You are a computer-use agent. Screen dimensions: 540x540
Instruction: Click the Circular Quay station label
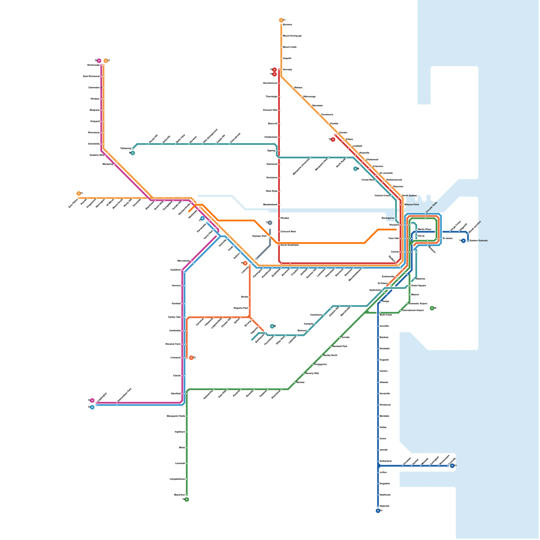(x=432, y=207)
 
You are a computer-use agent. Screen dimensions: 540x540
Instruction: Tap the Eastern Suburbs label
(x=479, y=241)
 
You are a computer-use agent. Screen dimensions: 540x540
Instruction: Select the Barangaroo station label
(x=388, y=218)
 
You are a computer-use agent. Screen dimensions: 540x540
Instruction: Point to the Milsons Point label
(x=411, y=205)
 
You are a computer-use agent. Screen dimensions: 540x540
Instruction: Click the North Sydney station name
(x=409, y=195)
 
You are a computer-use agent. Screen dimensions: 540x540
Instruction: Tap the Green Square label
(x=418, y=286)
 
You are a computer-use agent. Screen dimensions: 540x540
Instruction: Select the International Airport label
(x=413, y=310)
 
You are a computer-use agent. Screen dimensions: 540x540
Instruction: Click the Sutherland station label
(x=385, y=461)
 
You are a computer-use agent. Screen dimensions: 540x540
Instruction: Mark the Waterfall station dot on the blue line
(x=378, y=506)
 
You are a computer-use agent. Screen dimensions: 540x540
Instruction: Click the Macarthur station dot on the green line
(x=187, y=495)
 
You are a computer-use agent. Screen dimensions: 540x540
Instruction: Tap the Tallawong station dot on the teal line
(x=133, y=148)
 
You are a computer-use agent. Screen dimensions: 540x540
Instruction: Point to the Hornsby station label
(x=288, y=70)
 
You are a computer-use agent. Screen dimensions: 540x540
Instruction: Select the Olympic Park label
(x=259, y=236)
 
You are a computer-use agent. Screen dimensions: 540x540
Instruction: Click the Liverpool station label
(x=175, y=357)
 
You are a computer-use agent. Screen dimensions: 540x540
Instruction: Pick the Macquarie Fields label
(x=176, y=416)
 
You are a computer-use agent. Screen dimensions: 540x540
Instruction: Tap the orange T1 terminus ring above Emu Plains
(x=79, y=193)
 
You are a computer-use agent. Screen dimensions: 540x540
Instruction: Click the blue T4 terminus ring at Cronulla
(x=452, y=466)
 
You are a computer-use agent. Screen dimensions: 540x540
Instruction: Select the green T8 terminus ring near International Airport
(x=432, y=308)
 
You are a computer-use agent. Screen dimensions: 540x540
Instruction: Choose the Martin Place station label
(x=425, y=229)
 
